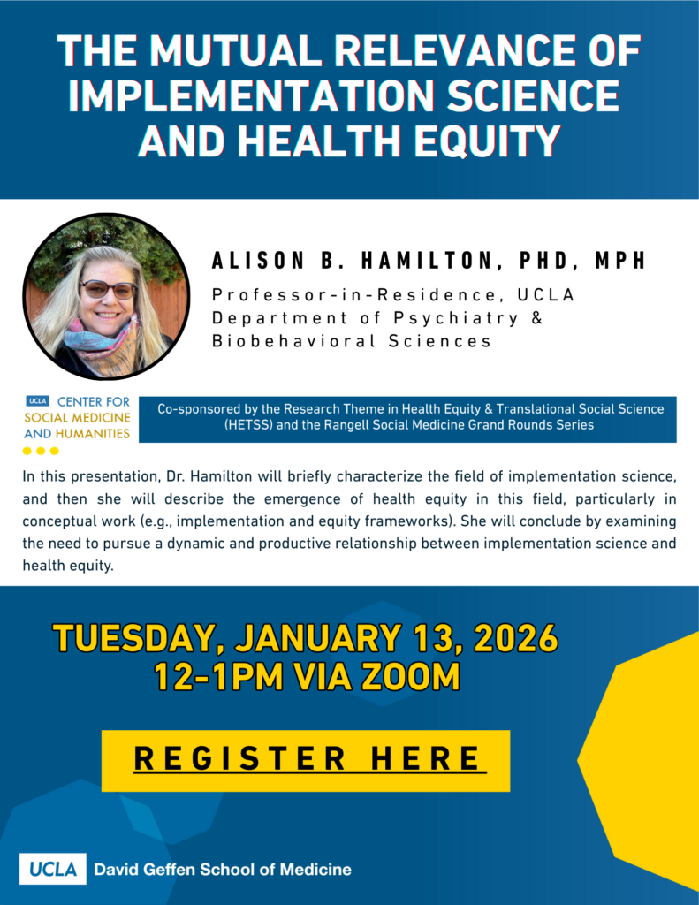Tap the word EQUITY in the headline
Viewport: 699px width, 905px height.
tap(488, 141)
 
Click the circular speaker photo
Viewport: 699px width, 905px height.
tap(106, 296)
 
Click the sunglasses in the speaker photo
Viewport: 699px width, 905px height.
tap(108, 289)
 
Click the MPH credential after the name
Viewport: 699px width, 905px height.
tap(620, 261)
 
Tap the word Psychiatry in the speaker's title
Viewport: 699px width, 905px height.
tap(456, 318)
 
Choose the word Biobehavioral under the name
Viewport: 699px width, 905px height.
tap(293, 341)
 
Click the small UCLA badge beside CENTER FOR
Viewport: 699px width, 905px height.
tap(37, 400)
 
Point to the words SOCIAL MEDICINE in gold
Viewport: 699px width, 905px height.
tap(77, 417)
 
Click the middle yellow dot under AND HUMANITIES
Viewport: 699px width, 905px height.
tap(41, 451)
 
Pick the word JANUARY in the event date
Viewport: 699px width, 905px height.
tap(317, 638)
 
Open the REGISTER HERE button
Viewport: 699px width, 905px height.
tap(306, 761)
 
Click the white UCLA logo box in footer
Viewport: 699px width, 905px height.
tap(52, 869)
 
